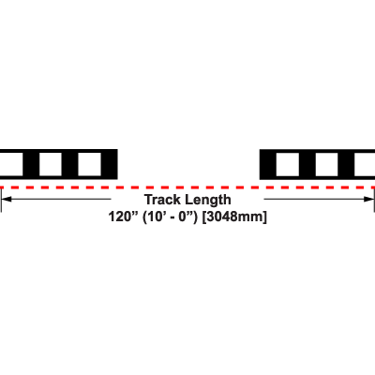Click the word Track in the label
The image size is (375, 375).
point(163,200)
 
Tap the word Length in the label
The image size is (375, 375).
point(208,200)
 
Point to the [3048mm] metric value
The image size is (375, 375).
point(234,217)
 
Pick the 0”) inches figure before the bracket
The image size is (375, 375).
point(188,217)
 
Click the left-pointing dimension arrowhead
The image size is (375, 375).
point(7,199)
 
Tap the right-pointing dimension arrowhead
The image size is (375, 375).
point(368,199)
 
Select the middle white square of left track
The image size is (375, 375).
point(51,164)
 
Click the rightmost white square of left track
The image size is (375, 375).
point(89,164)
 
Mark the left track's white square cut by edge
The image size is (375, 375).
point(11,164)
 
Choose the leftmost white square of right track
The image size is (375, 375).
point(288,164)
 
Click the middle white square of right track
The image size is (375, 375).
point(326,164)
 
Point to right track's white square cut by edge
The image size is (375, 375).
point(365,164)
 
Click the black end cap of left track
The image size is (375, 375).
point(110,164)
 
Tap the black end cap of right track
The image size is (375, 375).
point(268,164)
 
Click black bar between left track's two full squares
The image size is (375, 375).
point(69,164)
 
